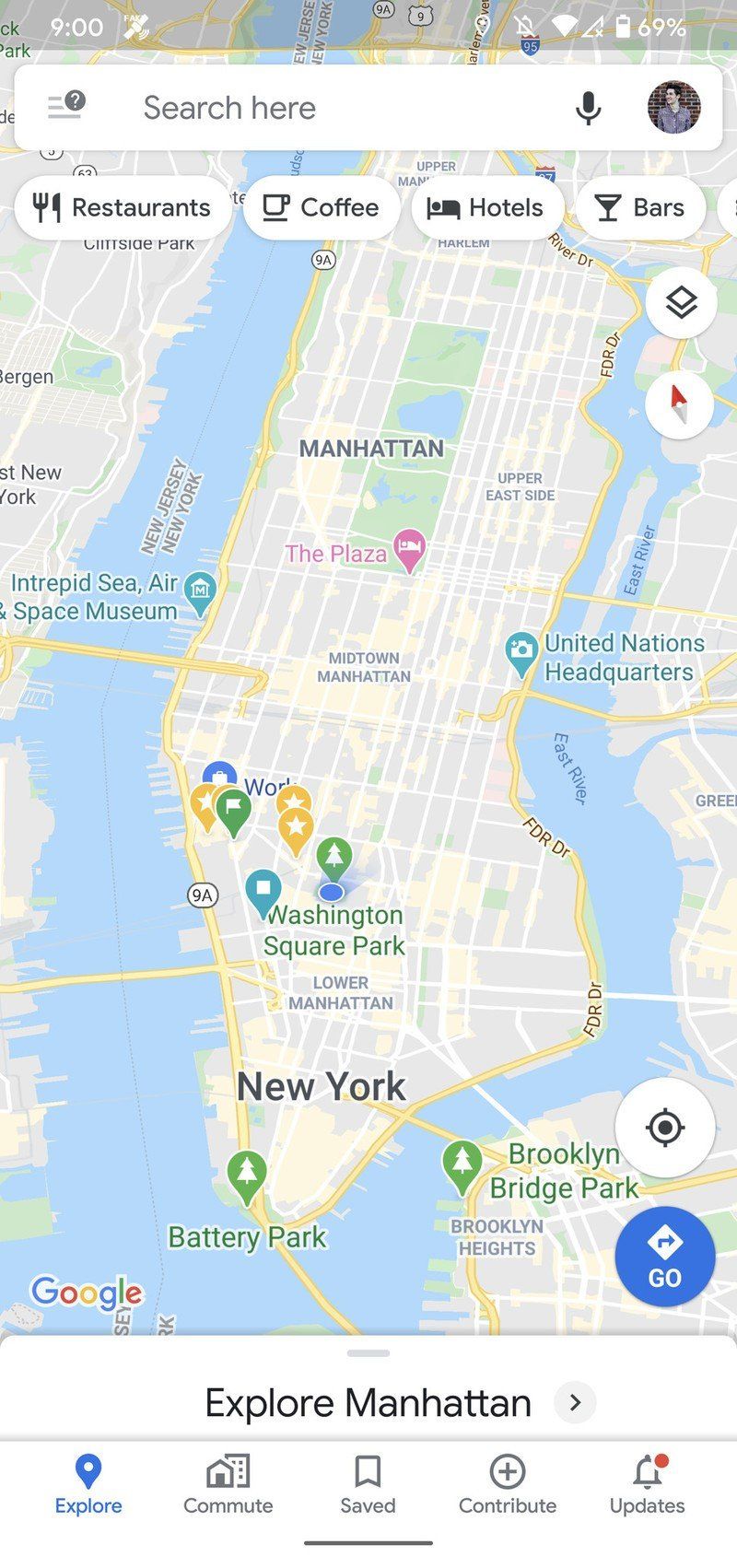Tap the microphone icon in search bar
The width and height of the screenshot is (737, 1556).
pyautogui.click(x=588, y=109)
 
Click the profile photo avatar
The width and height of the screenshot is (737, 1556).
pyautogui.click(x=673, y=108)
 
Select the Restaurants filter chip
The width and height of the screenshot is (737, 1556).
pyautogui.click(x=123, y=208)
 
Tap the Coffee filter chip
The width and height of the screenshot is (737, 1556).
pyautogui.click(x=321, y=208)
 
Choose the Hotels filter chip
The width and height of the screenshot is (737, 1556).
pyautogui.click(x=485, y=208)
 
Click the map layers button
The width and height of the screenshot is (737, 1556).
pyautogui.click(x=681, y=303)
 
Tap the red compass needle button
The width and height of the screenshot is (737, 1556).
pyautogui.click(x=680, y=404)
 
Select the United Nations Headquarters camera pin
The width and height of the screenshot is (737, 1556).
pyautogui.click(x=521, y=652)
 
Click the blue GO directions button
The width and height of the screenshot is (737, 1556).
pyautogui.click(x=664, y=1256)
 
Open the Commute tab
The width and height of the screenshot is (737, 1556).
pyautogui.click(x=228, y=1485)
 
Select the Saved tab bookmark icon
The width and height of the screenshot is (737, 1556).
pyautogui.click(x=368, y=1472)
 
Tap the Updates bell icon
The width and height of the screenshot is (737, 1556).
pyautogui.click(x=647, y=1472)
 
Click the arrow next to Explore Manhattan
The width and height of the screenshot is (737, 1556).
pyautogui.click(x=575, y=1403)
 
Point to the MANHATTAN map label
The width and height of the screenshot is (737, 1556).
pyautogui.click(x=371, y=449)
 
